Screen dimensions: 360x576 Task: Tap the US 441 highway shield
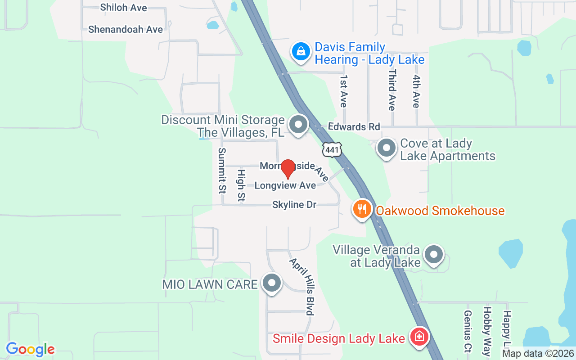[332, 149]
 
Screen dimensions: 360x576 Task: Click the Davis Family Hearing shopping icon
[301, 52]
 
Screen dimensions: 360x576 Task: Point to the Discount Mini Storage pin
[297, 125]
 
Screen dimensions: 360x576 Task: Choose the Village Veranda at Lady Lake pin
[433, 255]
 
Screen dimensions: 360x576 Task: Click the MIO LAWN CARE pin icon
[271, 283]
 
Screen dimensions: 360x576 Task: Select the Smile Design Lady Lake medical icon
[419, 337]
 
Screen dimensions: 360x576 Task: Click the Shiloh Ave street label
[123, 8]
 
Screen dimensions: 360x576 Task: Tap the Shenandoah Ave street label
[126, 29]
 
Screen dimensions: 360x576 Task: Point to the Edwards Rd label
[354, 127]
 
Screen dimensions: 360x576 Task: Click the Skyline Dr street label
[294, 205]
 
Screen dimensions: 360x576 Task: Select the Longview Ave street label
[285, 185]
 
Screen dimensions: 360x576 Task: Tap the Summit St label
[221, 170]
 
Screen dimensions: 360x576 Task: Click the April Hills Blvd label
[301, 286]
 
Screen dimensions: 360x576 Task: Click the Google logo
[31, 349]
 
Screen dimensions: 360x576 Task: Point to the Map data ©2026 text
[537, 354]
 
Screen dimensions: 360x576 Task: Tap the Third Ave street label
[392, 90]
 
